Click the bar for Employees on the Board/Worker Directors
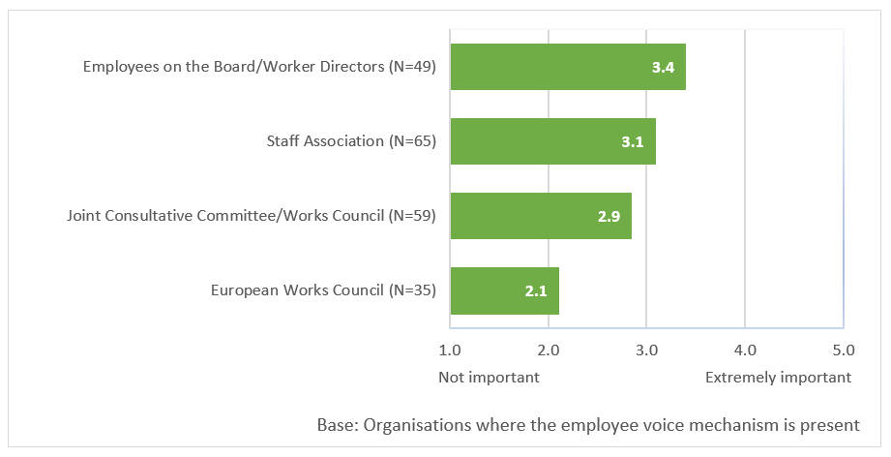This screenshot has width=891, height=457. pos(568,67)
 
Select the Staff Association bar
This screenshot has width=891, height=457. pos(553,141)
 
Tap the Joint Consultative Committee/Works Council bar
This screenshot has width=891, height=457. pos(541,215)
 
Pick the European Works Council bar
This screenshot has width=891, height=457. pos(505,289)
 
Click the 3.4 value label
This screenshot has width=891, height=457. pos(663,68)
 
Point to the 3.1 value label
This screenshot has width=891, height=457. pos(633,141)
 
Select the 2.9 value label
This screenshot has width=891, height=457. pos(609,216)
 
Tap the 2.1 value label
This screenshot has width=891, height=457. pos(536,290)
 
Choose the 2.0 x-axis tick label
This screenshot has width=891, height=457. pos(548,350)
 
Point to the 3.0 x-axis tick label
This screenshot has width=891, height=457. pos(646,350)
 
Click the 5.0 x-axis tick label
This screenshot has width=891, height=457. pos(843,350)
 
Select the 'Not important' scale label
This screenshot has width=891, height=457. pos(489,377)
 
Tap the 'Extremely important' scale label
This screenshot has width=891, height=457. pos(778,377)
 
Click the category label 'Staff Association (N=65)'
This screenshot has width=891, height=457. pos(352,141)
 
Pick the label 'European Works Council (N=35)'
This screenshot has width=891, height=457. pos(324,289)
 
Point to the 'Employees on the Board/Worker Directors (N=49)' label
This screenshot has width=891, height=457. pos(260,67)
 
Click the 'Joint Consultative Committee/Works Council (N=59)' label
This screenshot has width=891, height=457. pos(252,215)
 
